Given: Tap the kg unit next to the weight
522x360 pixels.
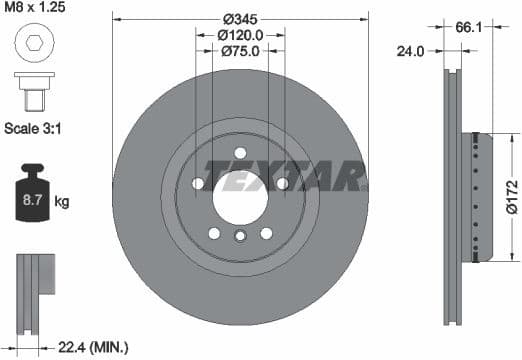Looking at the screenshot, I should click(62, 203).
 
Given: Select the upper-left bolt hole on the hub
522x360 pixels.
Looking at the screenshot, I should click(198, 184).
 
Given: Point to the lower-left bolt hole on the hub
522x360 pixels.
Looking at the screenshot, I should click(214, 233).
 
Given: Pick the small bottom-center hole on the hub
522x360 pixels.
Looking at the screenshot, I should click(240, 237).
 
